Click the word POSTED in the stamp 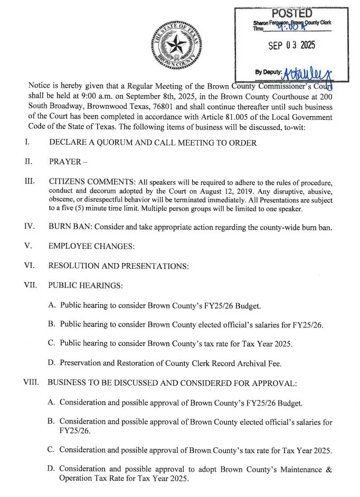click(291, 13)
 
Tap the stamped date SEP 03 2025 click(291, 45)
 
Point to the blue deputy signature click(306, 72)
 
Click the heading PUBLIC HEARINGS click(86, 285)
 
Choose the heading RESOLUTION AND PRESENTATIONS click(118, 266)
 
